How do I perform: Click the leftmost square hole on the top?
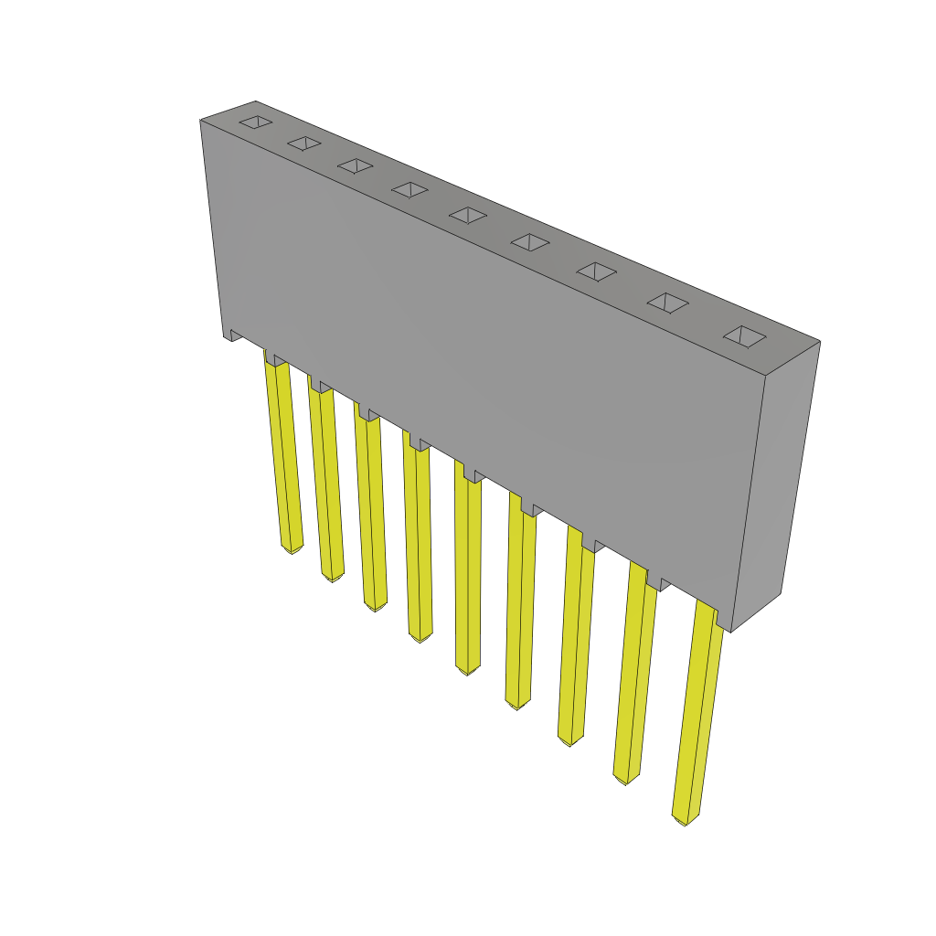(x=256, y=122)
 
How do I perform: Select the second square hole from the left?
(x=304, y=143)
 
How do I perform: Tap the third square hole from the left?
(x=355, y=165)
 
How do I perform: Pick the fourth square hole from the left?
(x=409, y=189)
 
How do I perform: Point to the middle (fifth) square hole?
(x=468, y=215)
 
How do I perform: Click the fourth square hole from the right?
(x=530, y=242)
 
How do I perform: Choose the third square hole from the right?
(x=597, y=271)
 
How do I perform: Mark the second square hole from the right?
(x=668, y=303)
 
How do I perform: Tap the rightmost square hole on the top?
(x=745, y=336)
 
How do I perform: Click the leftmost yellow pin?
(x=283, y=457)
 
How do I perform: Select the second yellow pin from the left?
(x=326, y=484)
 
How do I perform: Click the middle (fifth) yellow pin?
(x=467, y=576)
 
